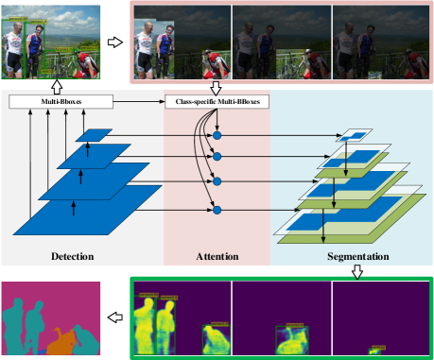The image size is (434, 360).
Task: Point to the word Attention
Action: (x=217, y=256)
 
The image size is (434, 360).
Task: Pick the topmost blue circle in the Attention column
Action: (x=217, y=136)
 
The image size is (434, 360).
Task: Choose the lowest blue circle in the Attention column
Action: (x=217, y=208)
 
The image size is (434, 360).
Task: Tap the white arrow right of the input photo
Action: (x=115, y=43)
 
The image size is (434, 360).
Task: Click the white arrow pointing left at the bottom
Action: (x=115, y=318)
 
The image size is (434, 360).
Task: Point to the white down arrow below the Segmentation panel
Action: (x=357, y=272)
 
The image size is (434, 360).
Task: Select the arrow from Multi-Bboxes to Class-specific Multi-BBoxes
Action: (x=128, y=99)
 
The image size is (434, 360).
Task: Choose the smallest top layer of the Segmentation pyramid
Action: (x=356, y=136)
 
